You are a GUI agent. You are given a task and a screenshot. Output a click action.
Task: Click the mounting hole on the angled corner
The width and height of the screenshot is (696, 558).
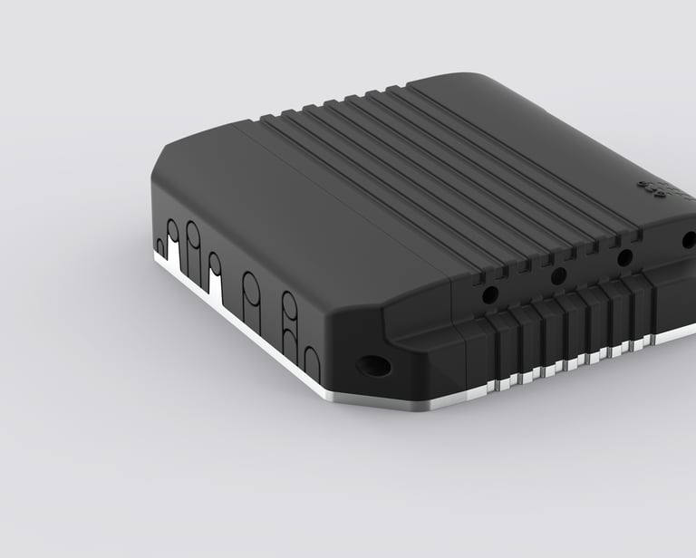point(373,367)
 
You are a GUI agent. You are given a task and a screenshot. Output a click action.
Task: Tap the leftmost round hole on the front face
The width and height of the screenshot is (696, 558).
point(489,294)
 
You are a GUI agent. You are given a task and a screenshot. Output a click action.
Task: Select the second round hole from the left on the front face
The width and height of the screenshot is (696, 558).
point(558,275)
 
